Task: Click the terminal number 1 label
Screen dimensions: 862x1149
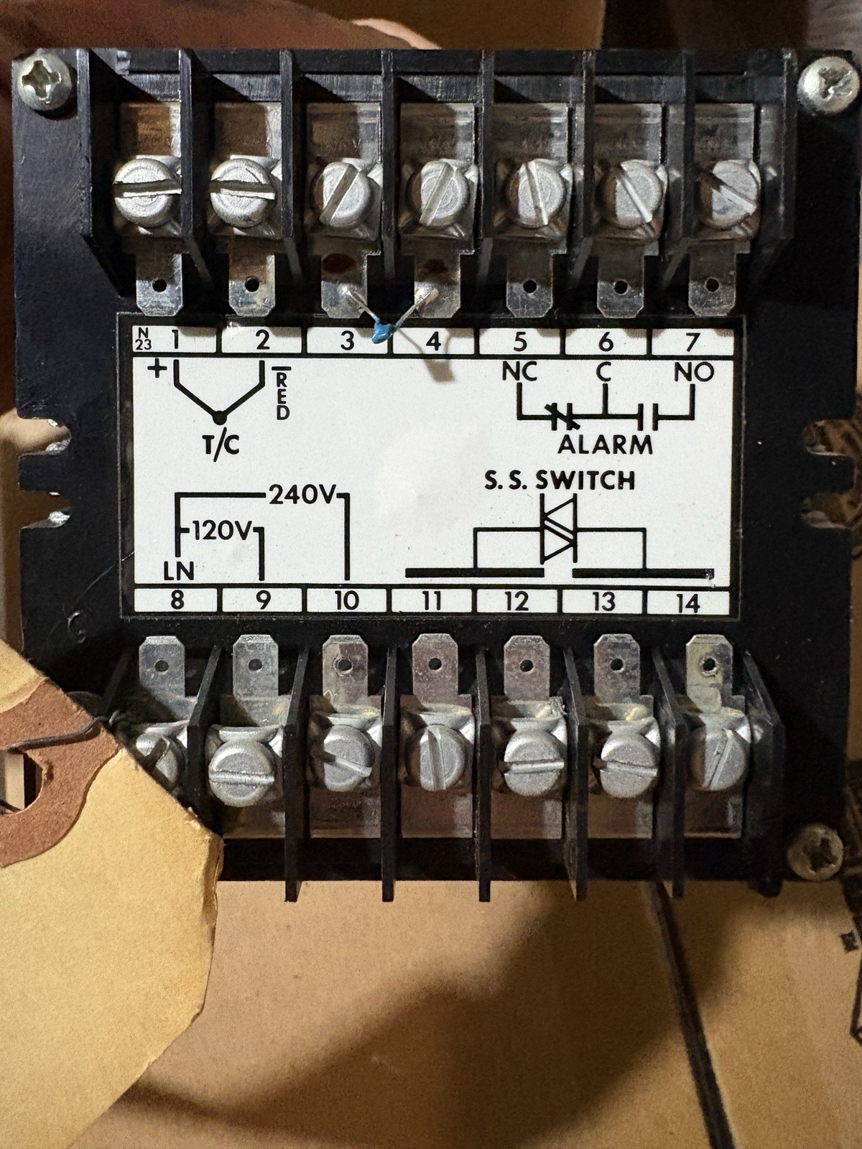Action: [177, 341]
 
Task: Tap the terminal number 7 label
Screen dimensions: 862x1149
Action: [692, 343]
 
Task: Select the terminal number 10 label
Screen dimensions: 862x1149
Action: [347, 601]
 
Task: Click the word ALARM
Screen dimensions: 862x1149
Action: [605, 445]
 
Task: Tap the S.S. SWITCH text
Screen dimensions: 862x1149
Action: [559, 480]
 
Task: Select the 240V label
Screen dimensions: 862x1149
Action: [301, 496]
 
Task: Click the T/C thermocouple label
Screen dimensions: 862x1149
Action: [221, 446]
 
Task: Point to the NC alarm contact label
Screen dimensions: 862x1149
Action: [519, 372]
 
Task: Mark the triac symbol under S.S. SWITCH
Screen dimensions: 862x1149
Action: [559, 528]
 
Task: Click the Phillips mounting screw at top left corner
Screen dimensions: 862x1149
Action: [44, 82]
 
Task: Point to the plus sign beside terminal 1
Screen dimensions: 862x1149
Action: [157, 370]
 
